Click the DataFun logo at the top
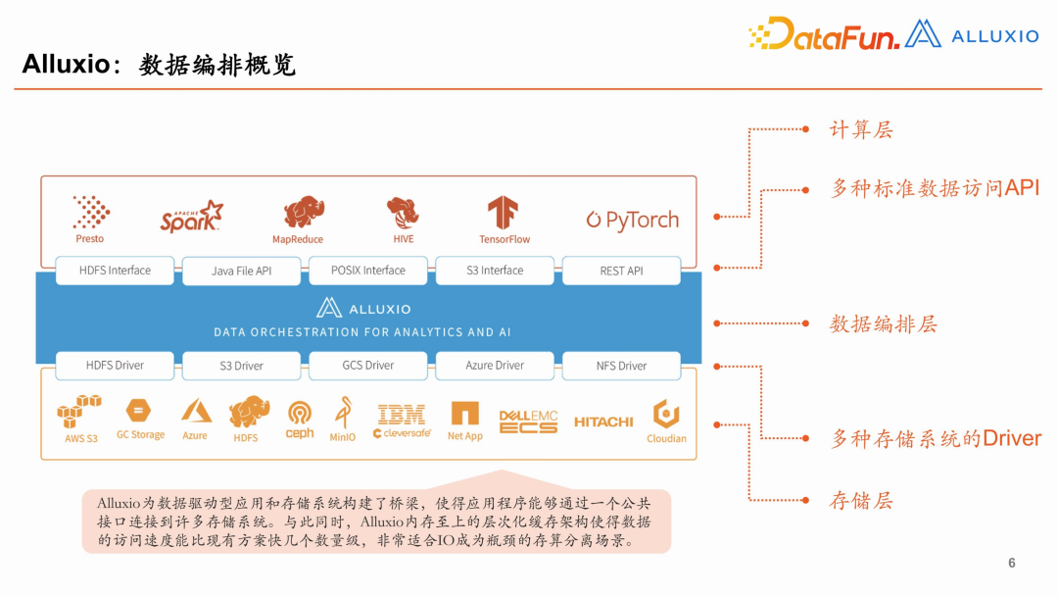824,35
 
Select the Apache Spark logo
192,217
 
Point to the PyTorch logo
633,220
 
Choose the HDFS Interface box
116,271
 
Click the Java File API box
241,271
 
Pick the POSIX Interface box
368,271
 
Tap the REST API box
621,271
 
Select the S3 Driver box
241,366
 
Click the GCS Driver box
367,366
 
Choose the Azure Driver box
495,366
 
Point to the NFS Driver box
621,366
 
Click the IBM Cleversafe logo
402,421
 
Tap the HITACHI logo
603,422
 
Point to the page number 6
1012,563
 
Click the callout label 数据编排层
884,323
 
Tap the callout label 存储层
861,500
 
